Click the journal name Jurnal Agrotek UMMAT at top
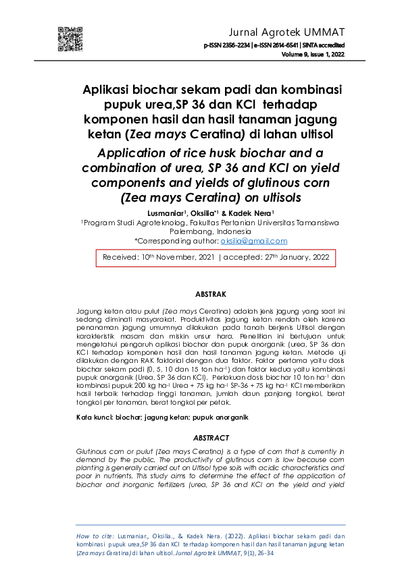287,32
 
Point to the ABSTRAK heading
210,295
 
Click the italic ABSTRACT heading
211,438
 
